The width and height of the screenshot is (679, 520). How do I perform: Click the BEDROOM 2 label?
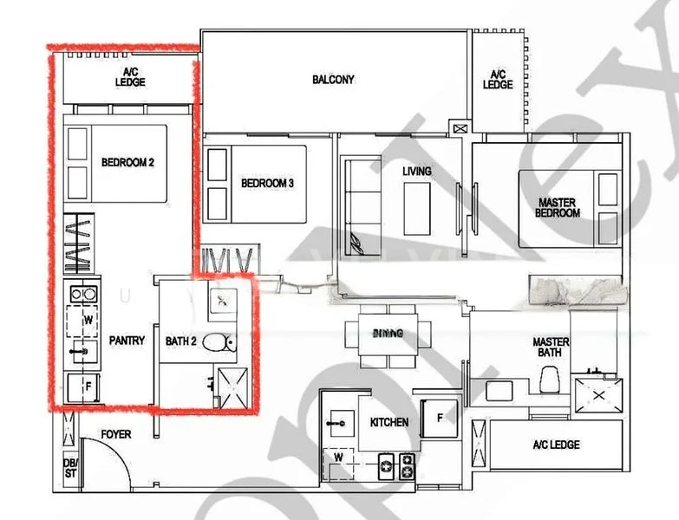tap(127, 162)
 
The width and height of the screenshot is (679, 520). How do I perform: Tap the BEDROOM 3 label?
tap(267, 183)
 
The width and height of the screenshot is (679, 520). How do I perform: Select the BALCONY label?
tap(333, 80)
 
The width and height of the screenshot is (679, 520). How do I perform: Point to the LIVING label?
tap(416, 172)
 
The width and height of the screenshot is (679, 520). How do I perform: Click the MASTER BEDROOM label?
tap(557, 207)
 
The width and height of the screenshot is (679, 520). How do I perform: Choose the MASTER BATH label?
tap(551, 347)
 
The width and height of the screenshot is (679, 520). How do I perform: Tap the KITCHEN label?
tap(389, 423)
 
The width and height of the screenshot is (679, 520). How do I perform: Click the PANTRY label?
tap(127, 341)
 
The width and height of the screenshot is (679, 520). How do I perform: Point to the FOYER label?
tap(116, 433)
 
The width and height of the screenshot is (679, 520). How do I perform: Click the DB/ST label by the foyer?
tap(69, 467)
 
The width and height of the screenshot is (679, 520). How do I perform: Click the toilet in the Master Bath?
tap(549, 378)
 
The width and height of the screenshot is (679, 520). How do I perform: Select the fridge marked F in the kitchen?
tap(440, 418)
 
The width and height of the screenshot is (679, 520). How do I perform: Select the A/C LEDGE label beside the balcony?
tap(498, 80)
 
